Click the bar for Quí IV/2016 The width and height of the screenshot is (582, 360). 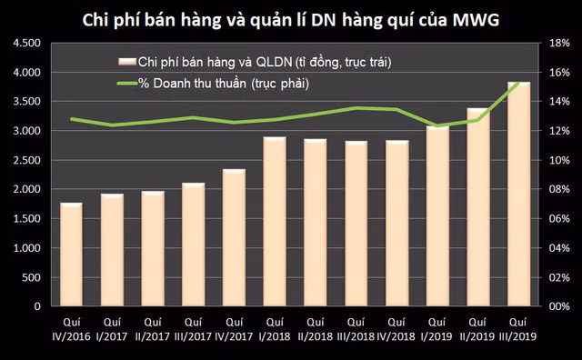click(x=72, y=255)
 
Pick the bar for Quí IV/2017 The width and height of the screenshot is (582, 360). click(x=235, y=238)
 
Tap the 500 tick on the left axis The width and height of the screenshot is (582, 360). click(x=34, y=277)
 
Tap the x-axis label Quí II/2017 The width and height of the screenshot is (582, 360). click(x=153, y=327)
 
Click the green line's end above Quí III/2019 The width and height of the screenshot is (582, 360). click(x=518, y=83)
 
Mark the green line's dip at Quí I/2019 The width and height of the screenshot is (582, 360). click(x=438, y=125)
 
